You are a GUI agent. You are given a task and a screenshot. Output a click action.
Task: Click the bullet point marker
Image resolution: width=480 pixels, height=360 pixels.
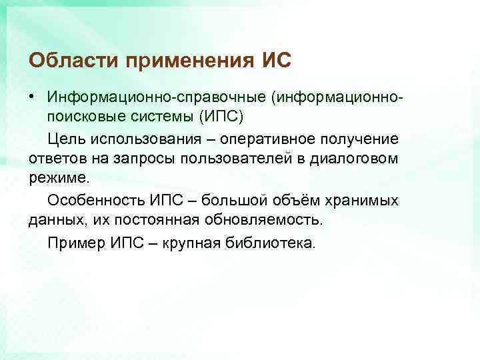(31, 97)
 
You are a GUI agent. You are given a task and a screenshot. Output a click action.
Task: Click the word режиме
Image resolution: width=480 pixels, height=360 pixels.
(59, 179)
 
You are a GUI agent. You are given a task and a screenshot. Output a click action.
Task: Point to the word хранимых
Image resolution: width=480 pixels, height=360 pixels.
(367, 200)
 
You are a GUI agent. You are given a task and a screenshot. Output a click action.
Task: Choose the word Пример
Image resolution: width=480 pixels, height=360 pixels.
(73, 241)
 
